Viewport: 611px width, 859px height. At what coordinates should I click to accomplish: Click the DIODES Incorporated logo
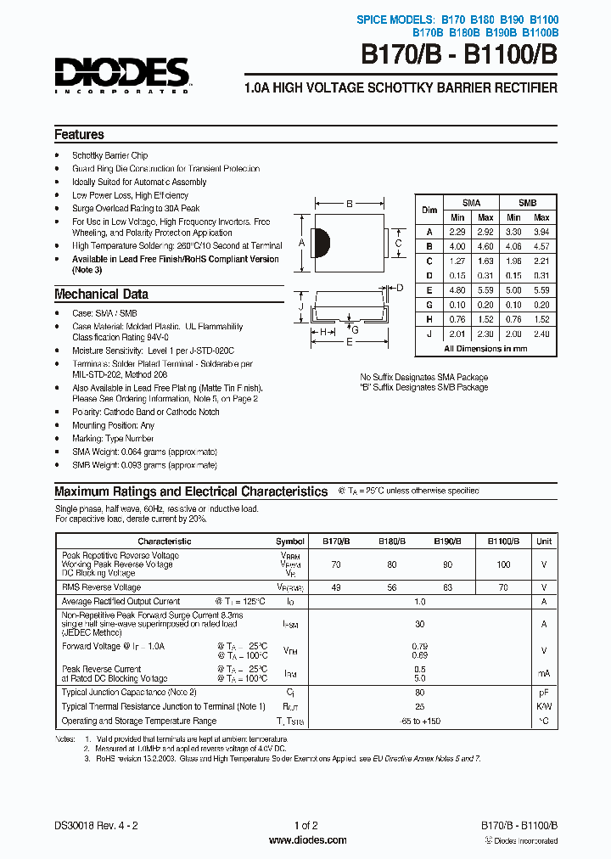pos(121,75)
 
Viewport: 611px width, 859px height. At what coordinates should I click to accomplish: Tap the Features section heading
pos(79,135)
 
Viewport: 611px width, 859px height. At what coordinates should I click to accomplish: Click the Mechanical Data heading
pos(101,295)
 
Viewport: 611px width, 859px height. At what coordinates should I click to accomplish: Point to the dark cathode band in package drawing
pos(320,243)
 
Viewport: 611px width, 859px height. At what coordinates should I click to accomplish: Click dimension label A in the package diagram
pos(301,243)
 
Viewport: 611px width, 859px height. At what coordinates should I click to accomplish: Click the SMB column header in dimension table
pos(527,203)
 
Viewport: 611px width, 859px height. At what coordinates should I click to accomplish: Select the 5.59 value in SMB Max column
pos(541,289)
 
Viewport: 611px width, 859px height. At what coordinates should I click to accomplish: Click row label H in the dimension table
pos(430,319)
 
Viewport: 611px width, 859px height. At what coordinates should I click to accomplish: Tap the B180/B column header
pos(391,541)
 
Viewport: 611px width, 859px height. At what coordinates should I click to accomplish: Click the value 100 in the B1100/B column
pos(503,564)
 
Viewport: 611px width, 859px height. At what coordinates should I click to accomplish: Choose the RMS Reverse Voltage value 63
pos(448,587)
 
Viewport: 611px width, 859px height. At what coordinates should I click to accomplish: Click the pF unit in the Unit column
pos(544,693)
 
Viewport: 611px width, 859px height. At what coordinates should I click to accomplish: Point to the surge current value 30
pos(419,623)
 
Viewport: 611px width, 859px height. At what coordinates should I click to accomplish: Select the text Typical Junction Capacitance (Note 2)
pos(129,693)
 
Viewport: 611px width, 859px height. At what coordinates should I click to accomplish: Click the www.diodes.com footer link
pos(307,840)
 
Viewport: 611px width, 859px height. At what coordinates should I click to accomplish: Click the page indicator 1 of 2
pos(305,826)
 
